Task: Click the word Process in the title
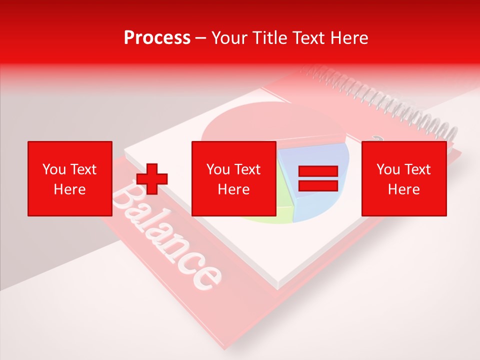(157, 38)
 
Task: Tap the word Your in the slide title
(228, 38)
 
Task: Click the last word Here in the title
(348, 38)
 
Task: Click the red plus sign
(152, 179)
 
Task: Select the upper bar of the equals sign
(318, 171)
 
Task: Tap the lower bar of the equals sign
(318, 185)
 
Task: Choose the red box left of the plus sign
(69, 178)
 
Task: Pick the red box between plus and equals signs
(233, 178)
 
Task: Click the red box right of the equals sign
(403, 178)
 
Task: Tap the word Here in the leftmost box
(69, 189)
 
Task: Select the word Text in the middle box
(247, 169)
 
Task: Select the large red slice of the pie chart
(270, 125)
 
